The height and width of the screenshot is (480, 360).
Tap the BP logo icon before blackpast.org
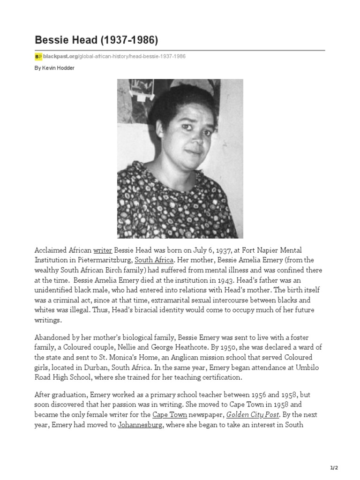38,57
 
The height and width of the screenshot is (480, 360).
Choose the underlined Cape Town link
170,415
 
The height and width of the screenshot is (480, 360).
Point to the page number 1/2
333,468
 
